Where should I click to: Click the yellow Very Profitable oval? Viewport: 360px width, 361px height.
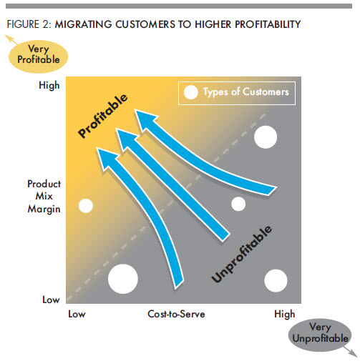tap(38, 56)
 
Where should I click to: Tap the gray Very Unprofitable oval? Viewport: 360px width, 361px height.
tap(320, 335)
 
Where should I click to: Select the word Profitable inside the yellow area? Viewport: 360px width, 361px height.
tap(103, 116)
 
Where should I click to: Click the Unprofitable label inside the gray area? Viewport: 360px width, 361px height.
tap(241, 254)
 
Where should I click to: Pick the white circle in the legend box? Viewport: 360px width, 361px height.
tap(191, 92)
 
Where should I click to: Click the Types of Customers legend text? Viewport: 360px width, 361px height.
tap(246, 92)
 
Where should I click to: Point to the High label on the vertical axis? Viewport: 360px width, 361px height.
tap(49, 85)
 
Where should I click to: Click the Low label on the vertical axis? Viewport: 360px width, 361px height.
tap(51, 300)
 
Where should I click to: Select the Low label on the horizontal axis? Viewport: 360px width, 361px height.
tap(77, 314)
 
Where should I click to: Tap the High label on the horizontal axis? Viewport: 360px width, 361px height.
tap(285, 314)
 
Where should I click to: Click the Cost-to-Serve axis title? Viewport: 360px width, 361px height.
tap(176, 314)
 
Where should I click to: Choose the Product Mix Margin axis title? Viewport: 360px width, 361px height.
tap(44, 197)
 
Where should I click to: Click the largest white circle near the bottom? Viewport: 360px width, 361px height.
tap(123, 279)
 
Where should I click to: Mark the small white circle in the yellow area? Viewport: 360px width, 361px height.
tap(86, 206)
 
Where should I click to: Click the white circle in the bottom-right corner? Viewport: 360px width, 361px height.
tap(276, 281)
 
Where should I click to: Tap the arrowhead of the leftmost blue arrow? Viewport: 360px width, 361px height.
tap(107, 159)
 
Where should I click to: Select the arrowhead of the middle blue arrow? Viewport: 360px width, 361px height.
tap(126, 139)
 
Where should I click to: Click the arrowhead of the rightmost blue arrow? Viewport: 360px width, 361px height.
tap(145, 120)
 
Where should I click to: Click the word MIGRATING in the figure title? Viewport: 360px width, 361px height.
tap(83, 24)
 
